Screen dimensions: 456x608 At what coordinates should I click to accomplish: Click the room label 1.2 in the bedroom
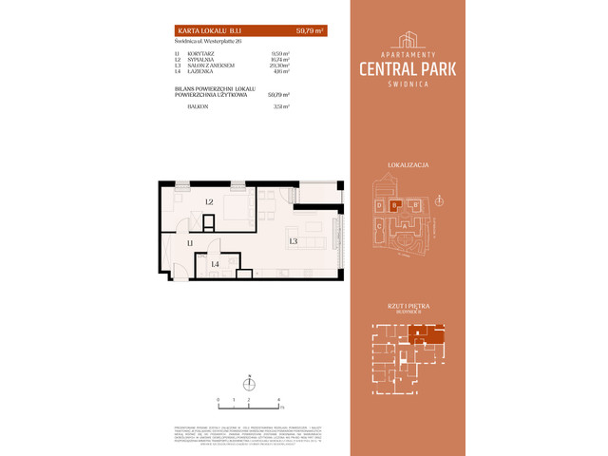click(208, 201)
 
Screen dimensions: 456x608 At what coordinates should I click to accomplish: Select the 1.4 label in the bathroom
click(216, 264)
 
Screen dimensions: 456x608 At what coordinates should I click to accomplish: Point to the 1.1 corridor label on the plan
click(190, 245)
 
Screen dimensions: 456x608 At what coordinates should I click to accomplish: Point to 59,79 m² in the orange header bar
click(310, 31)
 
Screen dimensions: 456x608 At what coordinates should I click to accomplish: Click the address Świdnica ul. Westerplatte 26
click(203, 43)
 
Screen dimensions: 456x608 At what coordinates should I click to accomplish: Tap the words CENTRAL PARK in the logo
click(408, 67)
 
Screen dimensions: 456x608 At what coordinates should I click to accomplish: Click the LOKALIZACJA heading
click(408, 164)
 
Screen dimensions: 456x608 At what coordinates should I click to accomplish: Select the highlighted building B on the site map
click(394, 205)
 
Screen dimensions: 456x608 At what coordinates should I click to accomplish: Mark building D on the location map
click(379, 205)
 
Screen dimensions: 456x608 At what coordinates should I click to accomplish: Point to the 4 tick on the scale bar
click(278, 401)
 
